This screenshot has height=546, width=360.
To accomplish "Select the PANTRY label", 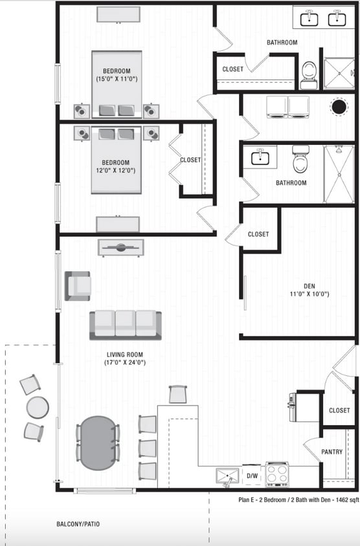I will (x=332, y=452).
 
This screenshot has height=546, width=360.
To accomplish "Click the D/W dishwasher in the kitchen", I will (x=253, y=476).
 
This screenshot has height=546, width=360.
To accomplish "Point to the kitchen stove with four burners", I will (x=277, y=474).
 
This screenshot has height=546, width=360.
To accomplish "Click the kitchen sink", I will (x=227, y=477).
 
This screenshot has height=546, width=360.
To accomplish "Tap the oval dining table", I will (x=98, y=442).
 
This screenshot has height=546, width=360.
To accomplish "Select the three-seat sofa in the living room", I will (x=126, y=325).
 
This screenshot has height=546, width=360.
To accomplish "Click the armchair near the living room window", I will (x=77, y=285).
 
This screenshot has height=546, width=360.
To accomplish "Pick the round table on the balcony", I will (x=38, y=408).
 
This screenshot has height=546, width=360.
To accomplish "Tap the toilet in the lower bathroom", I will (x=300, y=159).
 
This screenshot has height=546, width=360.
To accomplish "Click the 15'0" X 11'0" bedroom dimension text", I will (x=117, y=79).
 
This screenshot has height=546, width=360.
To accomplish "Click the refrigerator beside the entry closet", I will (x=293, y=408).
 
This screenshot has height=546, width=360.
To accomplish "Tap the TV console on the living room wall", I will (x=121, y=247).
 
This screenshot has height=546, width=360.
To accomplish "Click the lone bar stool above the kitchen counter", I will (x=178, y=394).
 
